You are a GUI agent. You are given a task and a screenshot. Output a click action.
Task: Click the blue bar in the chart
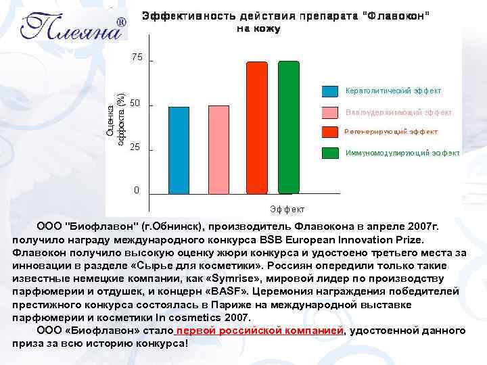click(x=179, y=149)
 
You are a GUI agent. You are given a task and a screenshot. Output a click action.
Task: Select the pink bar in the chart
click(x=218, y=149)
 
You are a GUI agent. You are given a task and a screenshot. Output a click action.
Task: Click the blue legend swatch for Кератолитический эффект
click(x=329, y=91)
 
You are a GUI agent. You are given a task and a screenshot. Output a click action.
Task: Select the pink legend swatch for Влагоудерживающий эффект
click(x=329, y=112)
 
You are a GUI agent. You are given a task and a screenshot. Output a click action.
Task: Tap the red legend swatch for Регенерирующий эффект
click(x=329, y=132)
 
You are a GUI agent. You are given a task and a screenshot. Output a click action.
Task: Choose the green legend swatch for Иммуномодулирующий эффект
click(x=329, y=153)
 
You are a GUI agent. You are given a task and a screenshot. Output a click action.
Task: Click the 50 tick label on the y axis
click(x=135, y=103)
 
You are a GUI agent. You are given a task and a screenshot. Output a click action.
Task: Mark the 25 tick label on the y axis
click(x=135, y=147)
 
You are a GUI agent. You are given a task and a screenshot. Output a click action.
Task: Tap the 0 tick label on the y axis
click(x=137, y=190)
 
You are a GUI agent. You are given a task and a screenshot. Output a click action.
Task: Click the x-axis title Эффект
click(x=287, y=210)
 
